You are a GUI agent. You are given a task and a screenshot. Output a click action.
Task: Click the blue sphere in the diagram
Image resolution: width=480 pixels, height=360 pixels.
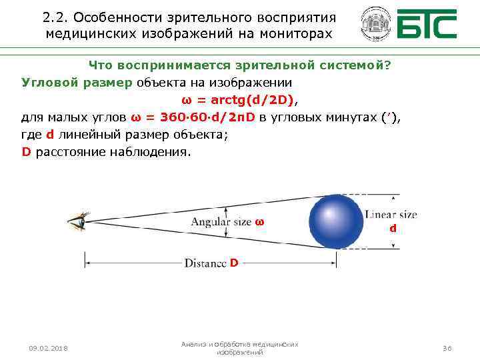[336, 222]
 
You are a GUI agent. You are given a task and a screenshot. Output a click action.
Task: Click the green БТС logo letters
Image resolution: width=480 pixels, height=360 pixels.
[427, 25]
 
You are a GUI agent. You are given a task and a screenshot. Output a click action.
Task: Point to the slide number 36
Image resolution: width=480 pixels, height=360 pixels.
[447, 348]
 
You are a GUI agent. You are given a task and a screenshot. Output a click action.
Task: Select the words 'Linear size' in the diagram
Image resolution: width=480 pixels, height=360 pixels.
[391, 215]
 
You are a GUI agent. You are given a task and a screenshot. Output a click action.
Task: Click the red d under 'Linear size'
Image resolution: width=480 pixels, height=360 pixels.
[393, 228]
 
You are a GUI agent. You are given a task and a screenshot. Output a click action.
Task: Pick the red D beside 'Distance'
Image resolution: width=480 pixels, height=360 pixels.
[233, 263]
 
